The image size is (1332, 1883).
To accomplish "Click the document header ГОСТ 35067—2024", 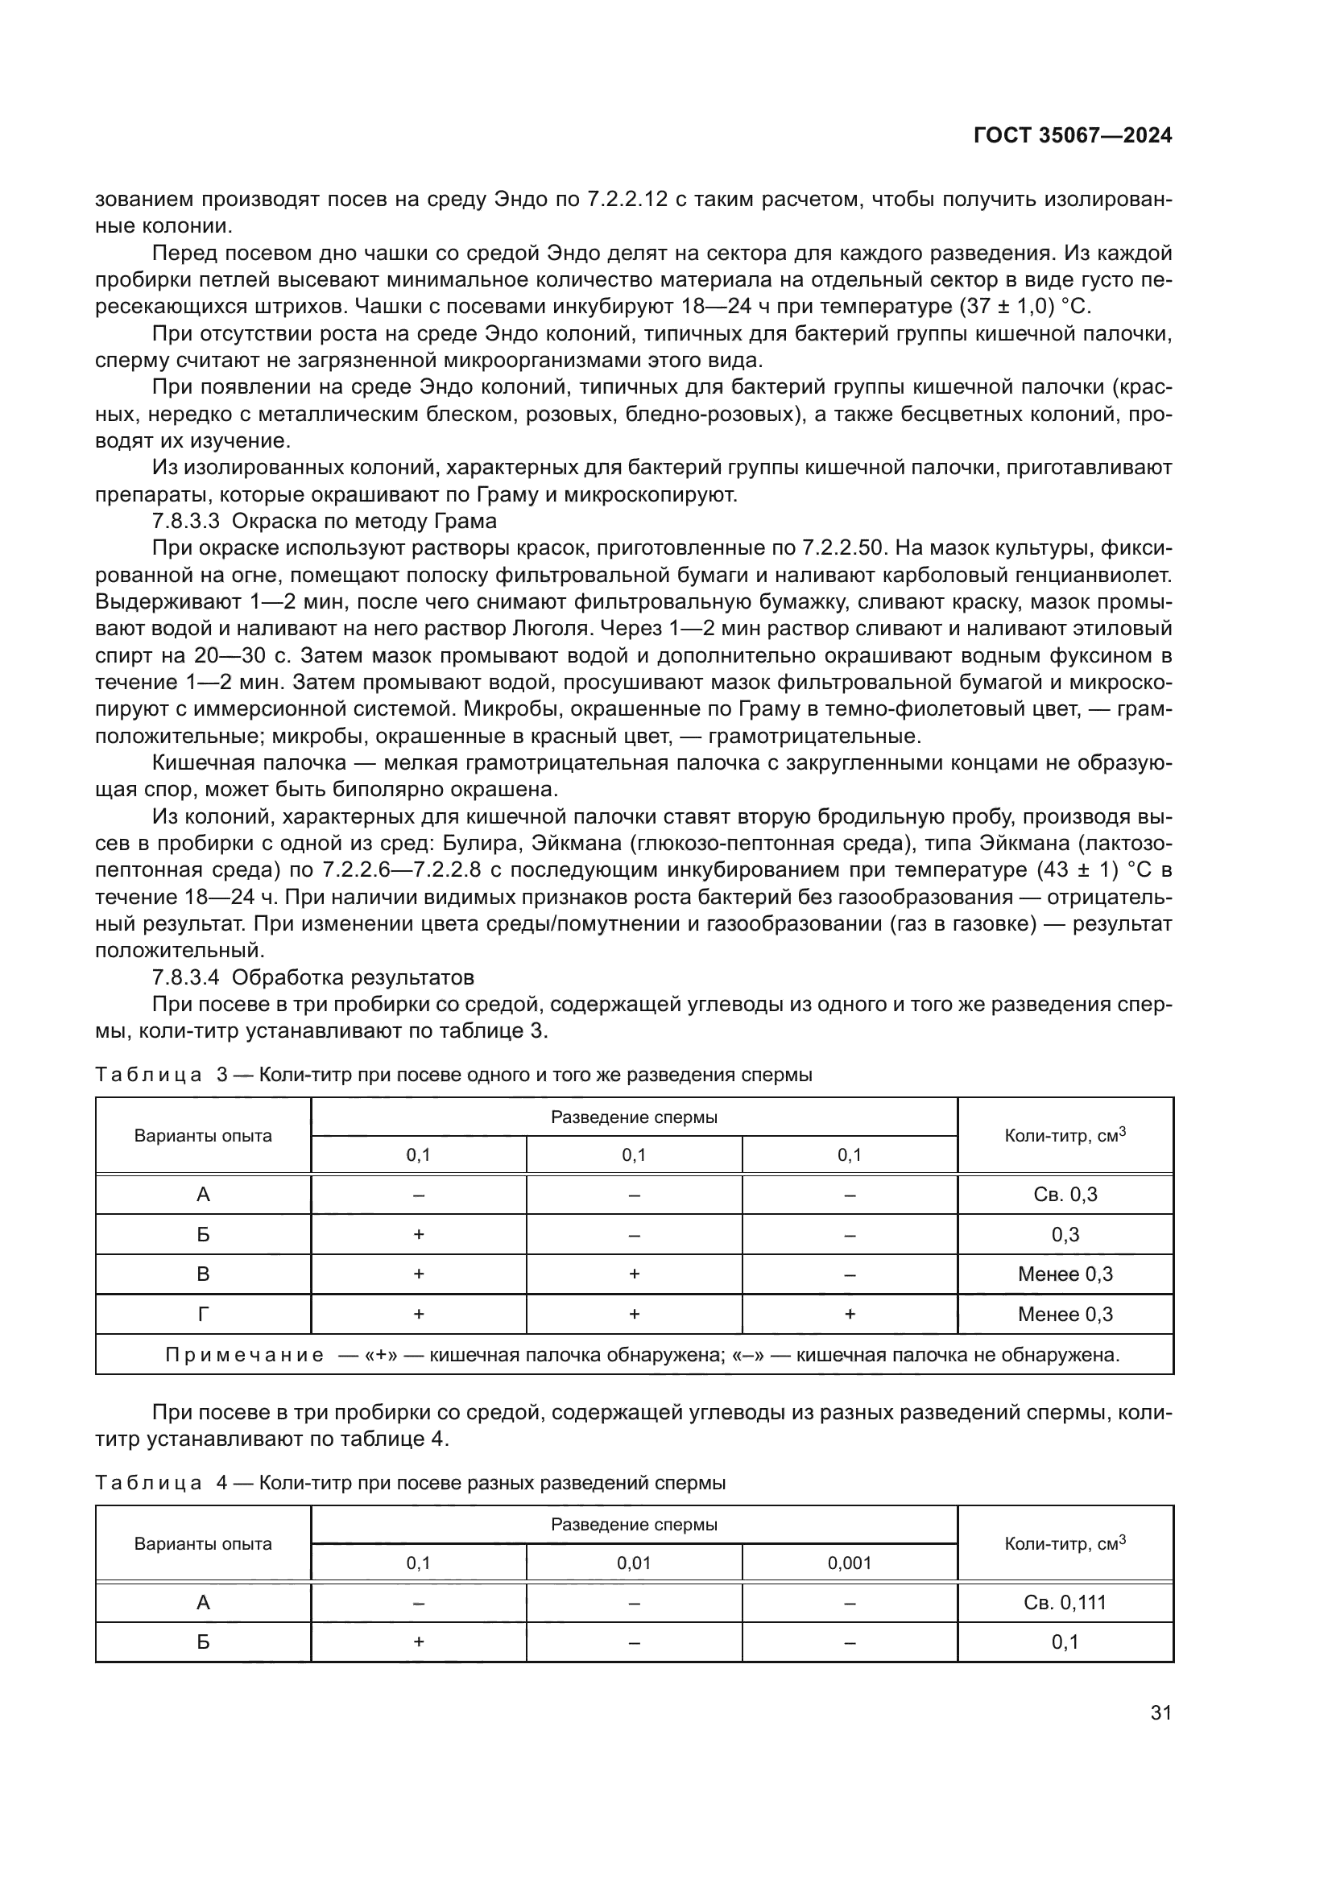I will [1072, 136].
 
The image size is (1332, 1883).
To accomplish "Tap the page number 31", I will [1160, 1712].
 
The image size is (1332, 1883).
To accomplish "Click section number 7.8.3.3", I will [186, 522].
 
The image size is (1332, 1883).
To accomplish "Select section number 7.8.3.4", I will [186, 977].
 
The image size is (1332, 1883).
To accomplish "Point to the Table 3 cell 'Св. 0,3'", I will [1065, 1194].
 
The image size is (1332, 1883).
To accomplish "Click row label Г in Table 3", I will [203, 1314].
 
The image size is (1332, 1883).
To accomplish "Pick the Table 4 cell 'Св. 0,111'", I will [1065, 1602].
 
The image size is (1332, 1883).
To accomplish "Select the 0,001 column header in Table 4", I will [849, 1563].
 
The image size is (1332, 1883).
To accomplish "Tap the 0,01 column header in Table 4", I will [633, 1563].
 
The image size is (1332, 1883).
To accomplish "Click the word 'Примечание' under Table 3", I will [243, 1355].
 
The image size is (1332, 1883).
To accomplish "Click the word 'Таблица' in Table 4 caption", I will [148, 1483].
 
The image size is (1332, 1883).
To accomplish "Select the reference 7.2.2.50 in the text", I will [842, 549].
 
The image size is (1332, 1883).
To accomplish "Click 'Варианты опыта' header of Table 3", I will [203, 1136].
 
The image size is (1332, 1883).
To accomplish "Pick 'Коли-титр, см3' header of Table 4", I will [1065, 1543].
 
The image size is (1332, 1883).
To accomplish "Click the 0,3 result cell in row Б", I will [1065, 1234].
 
